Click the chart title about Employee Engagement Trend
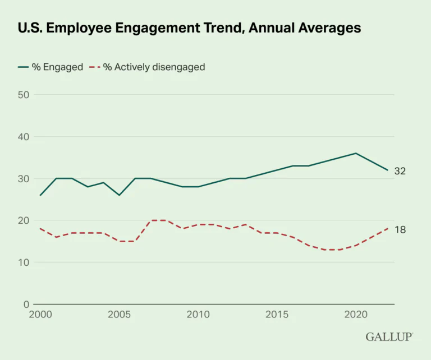189,27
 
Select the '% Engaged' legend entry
51,67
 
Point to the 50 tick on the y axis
24,95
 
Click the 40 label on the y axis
24,137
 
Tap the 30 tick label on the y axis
24,179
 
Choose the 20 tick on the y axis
24,220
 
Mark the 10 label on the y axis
24,262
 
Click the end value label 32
400,171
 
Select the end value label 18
400,229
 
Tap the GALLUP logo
389,337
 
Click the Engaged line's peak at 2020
355,153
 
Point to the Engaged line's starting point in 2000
40,195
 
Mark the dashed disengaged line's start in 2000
40,229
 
